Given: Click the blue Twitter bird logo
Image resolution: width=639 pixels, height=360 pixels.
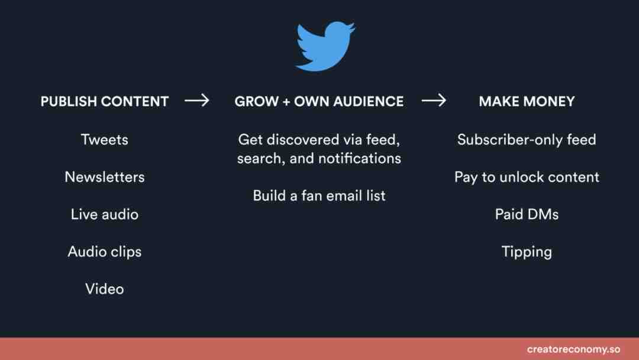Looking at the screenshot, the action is tap(325, 46).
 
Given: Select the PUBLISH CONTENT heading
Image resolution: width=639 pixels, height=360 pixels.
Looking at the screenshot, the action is tap(104, 101).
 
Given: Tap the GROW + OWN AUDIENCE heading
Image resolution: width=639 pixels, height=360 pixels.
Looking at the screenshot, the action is tap(319, 101).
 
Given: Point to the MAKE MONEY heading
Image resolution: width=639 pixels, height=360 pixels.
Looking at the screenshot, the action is tap(527, 101).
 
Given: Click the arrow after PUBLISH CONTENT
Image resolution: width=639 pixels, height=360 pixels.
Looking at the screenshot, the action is tap(197, 100).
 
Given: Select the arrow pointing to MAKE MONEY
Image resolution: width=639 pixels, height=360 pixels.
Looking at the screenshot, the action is tap(434, 100).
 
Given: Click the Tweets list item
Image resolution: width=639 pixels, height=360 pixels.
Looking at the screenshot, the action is tap(104, 140).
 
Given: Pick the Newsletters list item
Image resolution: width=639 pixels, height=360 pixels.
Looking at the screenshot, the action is tap(104, 177).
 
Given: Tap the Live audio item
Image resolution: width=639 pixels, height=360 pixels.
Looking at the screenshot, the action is tap(104, 214).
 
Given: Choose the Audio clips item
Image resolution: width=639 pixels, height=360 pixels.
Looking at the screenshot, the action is tap(104, 252).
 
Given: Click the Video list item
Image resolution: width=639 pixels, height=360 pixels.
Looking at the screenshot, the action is tap(104, 289).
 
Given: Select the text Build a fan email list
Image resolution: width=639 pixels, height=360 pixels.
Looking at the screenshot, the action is tap(319, 196).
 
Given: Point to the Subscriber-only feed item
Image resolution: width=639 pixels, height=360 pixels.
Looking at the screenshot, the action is tap(527, 140).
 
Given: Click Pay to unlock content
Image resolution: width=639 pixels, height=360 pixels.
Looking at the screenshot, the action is tap(527, 178).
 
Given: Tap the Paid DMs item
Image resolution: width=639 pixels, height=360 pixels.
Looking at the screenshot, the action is tap(527, 214).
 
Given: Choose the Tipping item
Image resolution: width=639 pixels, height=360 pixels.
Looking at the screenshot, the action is tap(527, 252).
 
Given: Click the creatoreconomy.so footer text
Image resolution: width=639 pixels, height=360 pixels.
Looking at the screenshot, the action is tap(573, 349).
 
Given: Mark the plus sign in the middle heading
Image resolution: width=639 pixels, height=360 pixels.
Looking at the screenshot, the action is tap(286, 101).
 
